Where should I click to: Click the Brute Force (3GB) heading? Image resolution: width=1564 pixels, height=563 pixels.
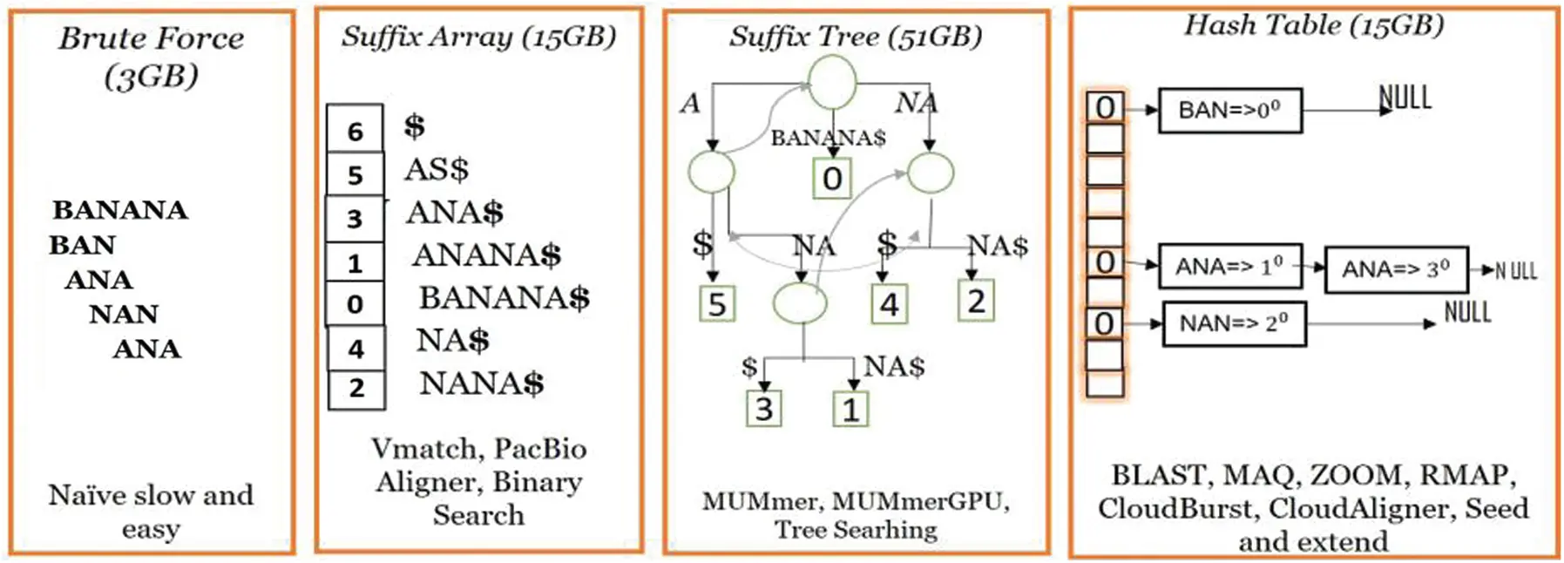click(x=151, y=56)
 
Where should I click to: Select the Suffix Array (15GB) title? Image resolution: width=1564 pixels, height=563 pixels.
click(x=478, y=36)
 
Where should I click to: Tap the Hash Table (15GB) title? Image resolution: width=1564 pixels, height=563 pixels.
click(x=1313, y=24)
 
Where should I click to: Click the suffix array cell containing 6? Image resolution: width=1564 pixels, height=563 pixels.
click(x=355, y=131)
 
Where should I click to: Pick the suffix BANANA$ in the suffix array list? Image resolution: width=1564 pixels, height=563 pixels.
click(x=504, y=298)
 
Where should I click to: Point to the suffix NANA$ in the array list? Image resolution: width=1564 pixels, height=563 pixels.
click(x=481, y=383)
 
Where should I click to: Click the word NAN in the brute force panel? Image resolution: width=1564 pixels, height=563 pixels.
click(x=124, y=314)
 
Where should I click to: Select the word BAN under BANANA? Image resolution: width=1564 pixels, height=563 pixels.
click(x=82, y=245)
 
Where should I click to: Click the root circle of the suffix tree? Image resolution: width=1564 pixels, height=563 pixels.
click(x=831, y=82)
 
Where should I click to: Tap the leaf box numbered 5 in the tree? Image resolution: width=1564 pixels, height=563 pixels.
click(x=717, y=304)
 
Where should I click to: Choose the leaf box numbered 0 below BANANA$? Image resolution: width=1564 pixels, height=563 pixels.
click(x=832, y=179)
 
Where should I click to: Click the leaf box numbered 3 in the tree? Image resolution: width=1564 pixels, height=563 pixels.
click(x=763, y=409)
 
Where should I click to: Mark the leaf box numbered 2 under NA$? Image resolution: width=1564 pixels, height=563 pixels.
click(x=976, y=302)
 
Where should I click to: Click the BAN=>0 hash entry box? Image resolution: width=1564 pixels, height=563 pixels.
click(x=1229, y=111)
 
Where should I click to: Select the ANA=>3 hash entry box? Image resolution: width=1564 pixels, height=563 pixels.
click(x=1396, y=269)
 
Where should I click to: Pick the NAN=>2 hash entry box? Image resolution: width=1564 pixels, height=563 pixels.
click(x=1234, y=324)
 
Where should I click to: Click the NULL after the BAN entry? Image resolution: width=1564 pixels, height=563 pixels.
click(x=1405, y=98)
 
